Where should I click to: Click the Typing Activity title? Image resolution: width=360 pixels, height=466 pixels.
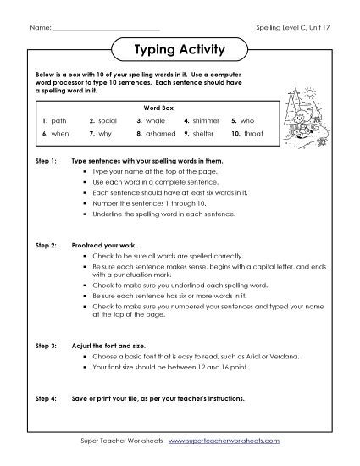point(180,50)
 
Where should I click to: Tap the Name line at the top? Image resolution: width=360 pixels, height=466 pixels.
point(106,29)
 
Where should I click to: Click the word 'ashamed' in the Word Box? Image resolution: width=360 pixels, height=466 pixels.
point(161,133)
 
